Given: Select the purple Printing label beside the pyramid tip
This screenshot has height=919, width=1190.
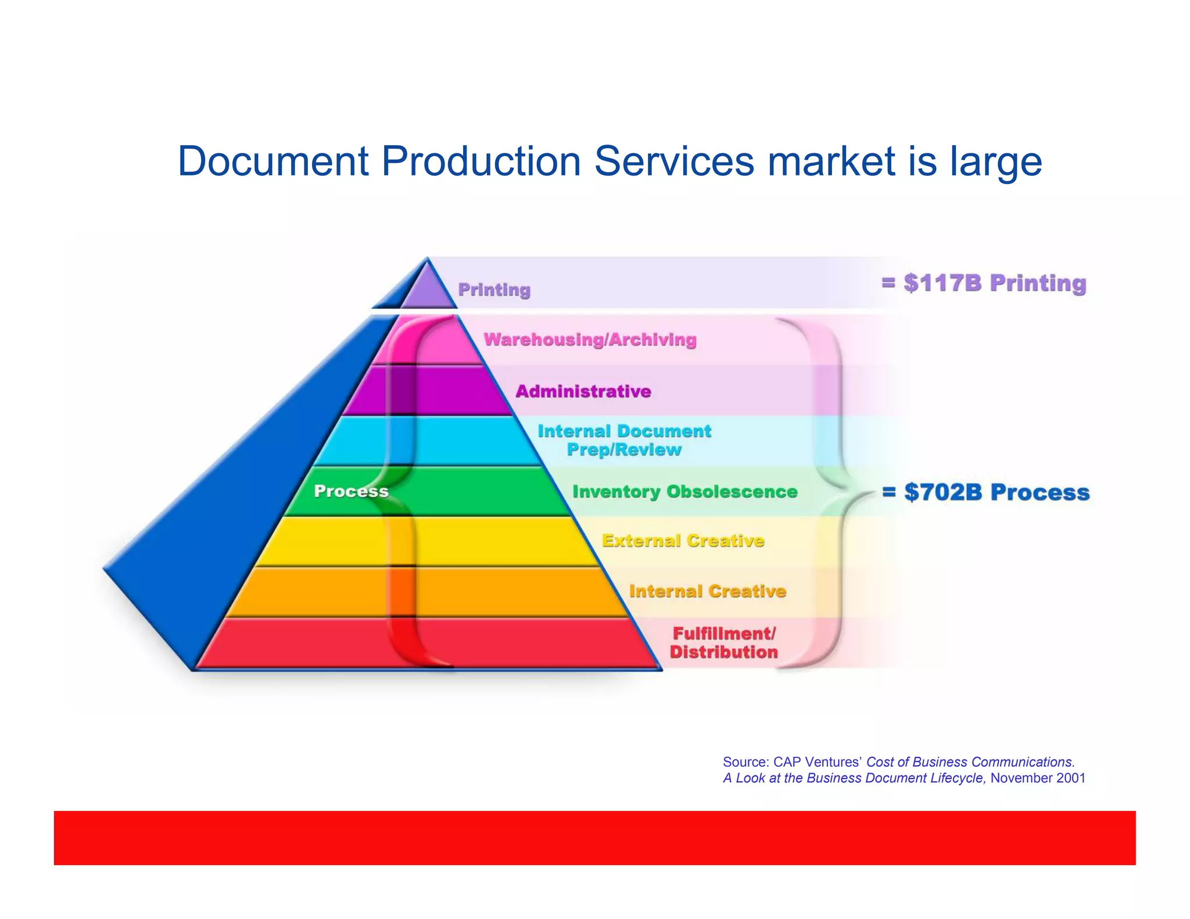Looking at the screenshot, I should coord(494,290).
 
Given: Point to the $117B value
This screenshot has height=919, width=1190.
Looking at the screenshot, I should coord(942,283).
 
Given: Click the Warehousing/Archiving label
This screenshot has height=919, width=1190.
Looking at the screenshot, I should coord(590,340).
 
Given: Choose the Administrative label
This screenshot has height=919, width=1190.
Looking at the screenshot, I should coord(583,392).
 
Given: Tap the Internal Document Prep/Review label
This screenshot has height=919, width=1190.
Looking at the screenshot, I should coord(624,440).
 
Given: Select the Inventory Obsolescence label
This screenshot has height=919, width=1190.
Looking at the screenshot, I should coord(684,492).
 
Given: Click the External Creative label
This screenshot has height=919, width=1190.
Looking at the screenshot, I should coord(683,541).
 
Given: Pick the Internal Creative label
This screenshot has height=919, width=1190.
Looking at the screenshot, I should coord(707,591).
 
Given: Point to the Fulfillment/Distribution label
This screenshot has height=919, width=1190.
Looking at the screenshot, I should coord(723,642).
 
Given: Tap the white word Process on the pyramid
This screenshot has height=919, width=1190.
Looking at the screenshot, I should coord(351,491).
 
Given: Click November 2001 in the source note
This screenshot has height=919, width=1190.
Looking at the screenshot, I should coord(1038,778).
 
